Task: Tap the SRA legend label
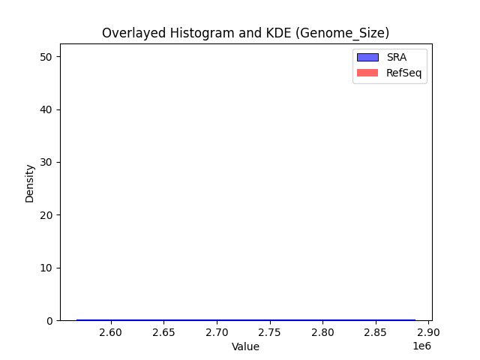click(x=396, y=57)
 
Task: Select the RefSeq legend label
click(x=403, y=72)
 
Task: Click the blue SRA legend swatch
click(x=367, y=57)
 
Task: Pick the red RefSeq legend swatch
click(x=367, y=72)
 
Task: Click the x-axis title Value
click(x=245, y=346)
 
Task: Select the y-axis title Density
click(x=30, y=183)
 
